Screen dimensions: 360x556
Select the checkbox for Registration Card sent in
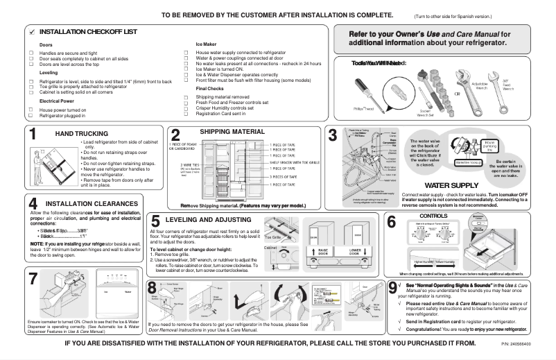pos(185,114)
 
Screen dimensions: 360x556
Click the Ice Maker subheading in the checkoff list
pos(207,44)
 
